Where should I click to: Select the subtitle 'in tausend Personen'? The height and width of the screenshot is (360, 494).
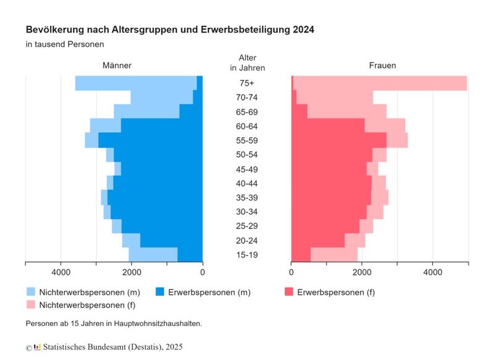[65, 44]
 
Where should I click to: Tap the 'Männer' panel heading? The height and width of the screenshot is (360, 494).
[117, 65]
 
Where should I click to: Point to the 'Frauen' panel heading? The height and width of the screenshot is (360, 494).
[382, 65]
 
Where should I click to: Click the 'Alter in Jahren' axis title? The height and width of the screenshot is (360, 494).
[247, 62]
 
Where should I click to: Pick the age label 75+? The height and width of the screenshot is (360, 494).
[247, 83]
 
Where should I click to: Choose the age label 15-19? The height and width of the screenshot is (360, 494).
[247, 255]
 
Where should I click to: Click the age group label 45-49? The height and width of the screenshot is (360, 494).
[247, 169]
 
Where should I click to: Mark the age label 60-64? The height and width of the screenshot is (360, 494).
[247, 127]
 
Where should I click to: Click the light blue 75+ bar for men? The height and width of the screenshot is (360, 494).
[136, 83]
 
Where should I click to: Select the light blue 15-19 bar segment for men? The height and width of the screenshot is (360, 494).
[153, 254]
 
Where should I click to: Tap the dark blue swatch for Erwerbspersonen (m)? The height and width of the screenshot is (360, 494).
[159, 291]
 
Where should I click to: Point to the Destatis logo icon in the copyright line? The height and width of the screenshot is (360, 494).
[37, 348]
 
